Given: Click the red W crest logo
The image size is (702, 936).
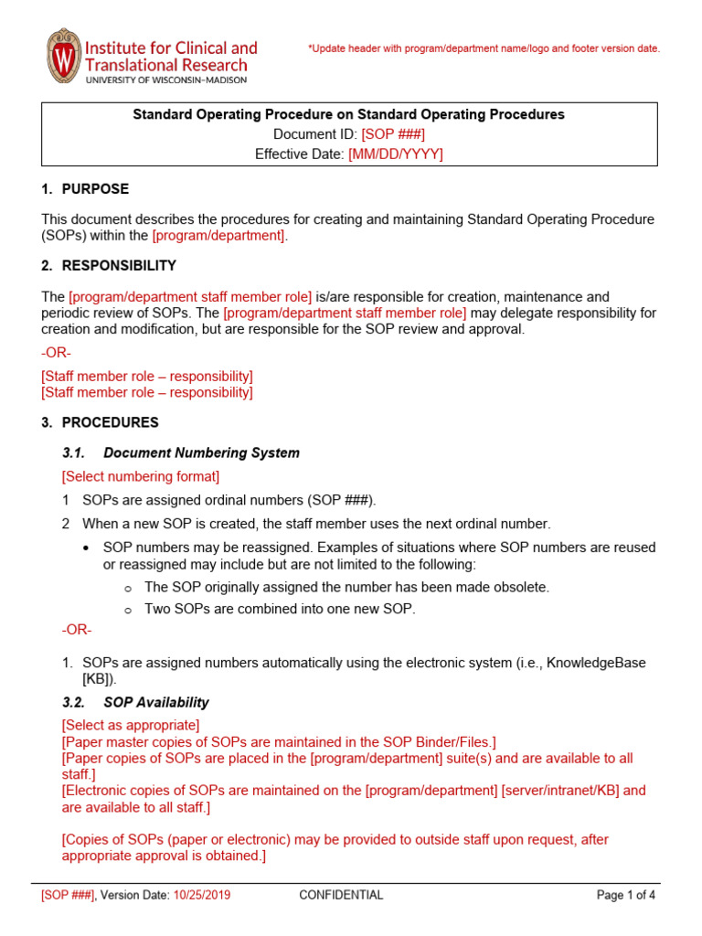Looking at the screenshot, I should coord(62,57).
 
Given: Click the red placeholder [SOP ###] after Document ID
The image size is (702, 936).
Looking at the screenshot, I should coord(393,134).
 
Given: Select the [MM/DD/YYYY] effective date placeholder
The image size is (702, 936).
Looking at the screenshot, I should coord(395,154).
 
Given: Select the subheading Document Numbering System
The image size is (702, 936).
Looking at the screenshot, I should coord(201,452).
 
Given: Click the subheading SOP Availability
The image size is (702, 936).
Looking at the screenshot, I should coord(156,703).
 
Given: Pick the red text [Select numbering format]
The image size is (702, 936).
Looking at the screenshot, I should coord(141,476).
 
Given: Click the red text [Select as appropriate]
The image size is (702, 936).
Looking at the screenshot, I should coord(131,725).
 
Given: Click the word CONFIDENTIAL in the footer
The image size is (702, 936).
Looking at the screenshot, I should coord(341,896).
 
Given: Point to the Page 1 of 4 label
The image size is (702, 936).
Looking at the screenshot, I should coord(626,896).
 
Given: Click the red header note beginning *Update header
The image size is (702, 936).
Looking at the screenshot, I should coord(484,48).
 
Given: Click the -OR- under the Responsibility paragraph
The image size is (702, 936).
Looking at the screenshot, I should coord(57,353).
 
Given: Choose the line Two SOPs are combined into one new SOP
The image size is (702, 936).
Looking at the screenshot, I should coord(280,609).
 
